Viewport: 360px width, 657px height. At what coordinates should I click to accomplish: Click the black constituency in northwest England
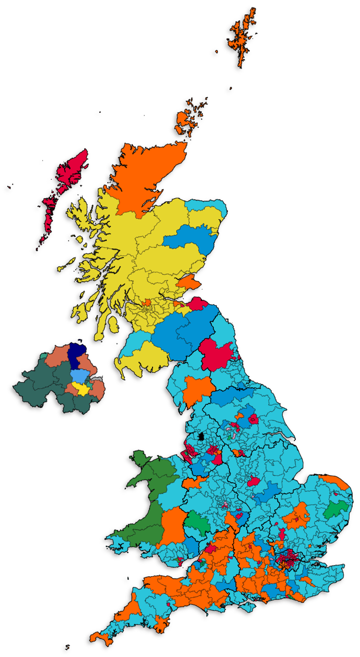[201, 437]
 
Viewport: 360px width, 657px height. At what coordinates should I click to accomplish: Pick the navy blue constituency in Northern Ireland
[76, 355]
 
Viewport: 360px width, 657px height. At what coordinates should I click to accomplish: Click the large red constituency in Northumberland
[215, 354]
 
